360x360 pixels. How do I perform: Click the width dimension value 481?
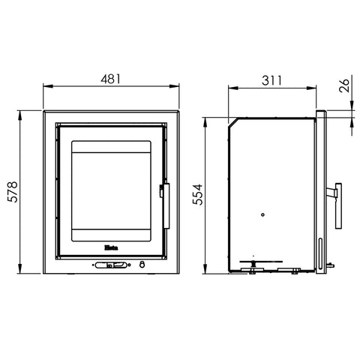click(110, 78)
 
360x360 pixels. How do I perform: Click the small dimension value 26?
click(344, 85)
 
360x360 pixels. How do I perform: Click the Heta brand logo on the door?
click(109, 244)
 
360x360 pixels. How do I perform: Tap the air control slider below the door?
click(109, 264)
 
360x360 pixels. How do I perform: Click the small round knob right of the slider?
click(140, 264)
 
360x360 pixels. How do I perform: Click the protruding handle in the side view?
click(336, 204)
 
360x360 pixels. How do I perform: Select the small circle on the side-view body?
click(262, 215)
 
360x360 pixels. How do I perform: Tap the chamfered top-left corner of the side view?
click(230, 121)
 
